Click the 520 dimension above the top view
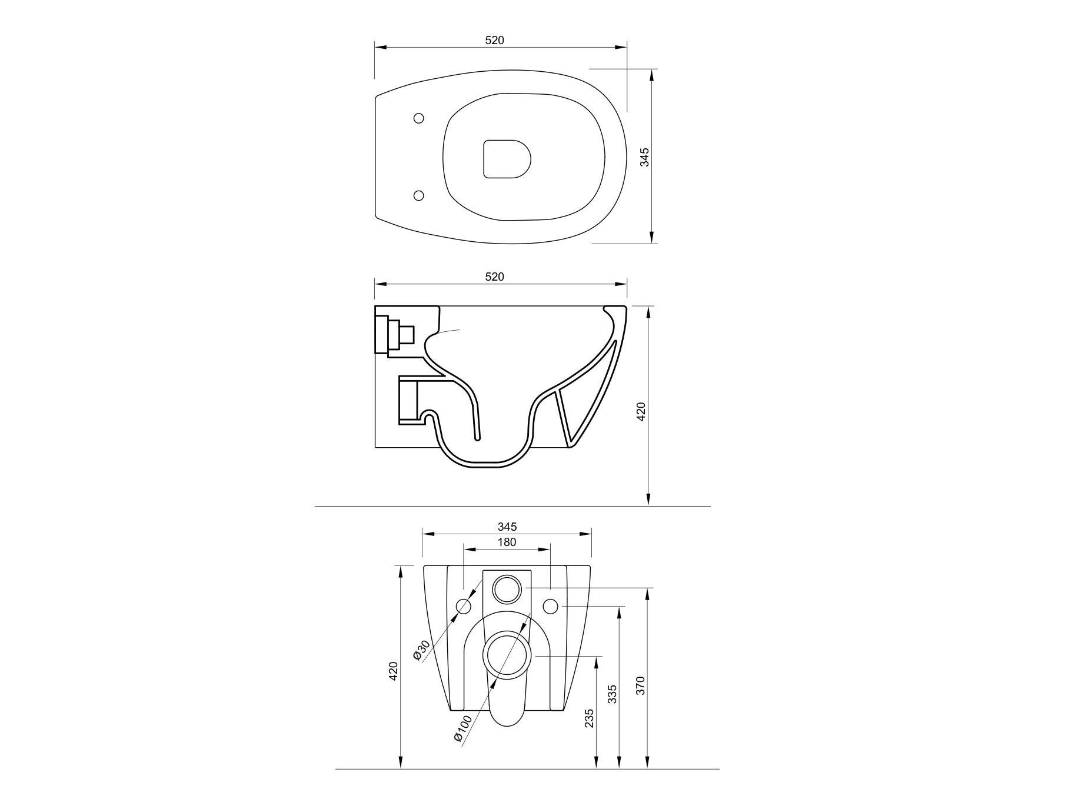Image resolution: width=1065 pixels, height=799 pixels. click(494, 40)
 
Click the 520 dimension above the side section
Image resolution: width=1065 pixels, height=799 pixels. click(494, 277)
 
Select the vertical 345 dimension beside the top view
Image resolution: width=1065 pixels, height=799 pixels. click(644, 157)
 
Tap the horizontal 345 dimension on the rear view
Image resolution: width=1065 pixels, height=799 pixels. click(507, 526)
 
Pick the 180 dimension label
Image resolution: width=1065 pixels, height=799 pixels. click(507, 542)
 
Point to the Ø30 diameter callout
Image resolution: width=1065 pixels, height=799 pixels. click(422, 650)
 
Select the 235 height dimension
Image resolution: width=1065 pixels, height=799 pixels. click(590, 718)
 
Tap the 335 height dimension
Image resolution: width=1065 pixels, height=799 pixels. click(612, 694)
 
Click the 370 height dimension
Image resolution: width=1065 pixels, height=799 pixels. click(641, 685)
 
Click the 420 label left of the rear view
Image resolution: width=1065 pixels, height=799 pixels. click(394, 671)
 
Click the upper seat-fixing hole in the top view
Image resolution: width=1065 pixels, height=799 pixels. click(419, 118)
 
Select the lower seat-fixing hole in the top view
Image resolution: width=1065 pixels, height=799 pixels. click(419, 195)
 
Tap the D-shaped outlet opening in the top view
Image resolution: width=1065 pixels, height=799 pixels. click(506, 159)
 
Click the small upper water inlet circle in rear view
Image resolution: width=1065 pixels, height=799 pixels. click(507, 588)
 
